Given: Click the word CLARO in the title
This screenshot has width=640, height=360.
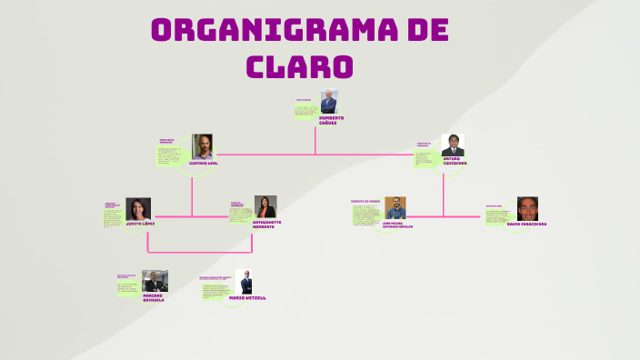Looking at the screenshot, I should click(x=300, y=66).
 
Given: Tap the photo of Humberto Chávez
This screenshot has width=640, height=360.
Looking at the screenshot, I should click(x=328, y=102).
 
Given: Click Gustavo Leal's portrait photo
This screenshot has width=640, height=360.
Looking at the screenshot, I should click(x=202, y=146).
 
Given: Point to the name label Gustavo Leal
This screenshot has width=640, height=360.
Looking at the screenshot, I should click(x=203, y=163).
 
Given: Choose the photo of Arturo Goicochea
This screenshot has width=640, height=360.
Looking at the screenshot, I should click(x=453, y=145).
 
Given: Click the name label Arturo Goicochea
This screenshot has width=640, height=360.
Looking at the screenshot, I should click(x=454, y=163).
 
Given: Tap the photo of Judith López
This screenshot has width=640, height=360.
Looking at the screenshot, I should click(x=139, y=209).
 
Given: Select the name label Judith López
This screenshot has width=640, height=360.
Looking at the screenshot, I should click(x=140, y=223).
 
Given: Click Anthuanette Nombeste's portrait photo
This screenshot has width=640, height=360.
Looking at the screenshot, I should click(x=265, y=206).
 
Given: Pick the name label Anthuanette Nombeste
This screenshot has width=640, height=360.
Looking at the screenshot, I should click(x=265, y=223).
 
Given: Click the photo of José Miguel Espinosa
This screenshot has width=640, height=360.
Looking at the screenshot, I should click(x=395, y=208).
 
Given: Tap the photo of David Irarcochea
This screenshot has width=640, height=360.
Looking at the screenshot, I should click(x=527, y=209).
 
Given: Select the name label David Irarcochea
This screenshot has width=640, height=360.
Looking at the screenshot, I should click(x=527, y=224).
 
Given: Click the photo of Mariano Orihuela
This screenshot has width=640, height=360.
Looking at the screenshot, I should click(x=155, y=281).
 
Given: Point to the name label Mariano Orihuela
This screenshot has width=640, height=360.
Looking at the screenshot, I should click(x=154, y=297).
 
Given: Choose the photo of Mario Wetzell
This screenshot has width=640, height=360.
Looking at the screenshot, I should click(x=245, y=282).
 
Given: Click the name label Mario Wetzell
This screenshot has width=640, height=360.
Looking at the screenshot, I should click(x=248, y=297).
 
